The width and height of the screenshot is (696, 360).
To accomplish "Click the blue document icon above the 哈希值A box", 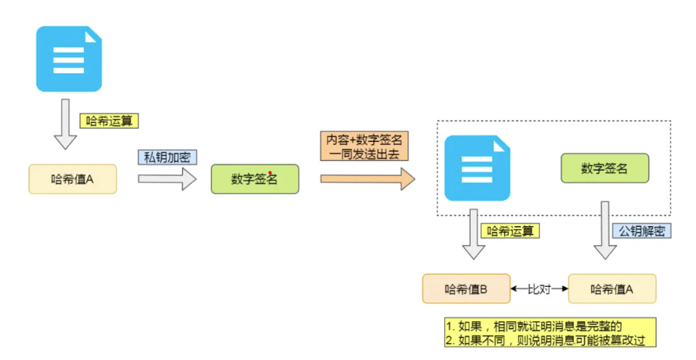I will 69,59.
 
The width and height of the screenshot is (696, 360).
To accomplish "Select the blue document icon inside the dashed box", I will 477,168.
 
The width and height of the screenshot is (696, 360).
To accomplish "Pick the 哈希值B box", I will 466,288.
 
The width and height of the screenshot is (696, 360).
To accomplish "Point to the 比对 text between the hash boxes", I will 539,288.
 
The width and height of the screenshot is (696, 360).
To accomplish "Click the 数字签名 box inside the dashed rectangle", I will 605,168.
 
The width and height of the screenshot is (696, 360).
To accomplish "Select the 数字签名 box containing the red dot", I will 255,179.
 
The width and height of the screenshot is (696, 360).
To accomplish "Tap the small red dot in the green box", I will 270,174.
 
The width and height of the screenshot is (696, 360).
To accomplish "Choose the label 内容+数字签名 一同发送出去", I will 364,146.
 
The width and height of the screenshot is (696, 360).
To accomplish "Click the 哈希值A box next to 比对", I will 612,288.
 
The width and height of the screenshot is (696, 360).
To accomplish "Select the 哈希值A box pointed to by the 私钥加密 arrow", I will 72,179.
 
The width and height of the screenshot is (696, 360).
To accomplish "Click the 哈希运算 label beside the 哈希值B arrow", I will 511,230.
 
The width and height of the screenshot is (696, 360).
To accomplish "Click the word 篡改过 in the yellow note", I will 629,340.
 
